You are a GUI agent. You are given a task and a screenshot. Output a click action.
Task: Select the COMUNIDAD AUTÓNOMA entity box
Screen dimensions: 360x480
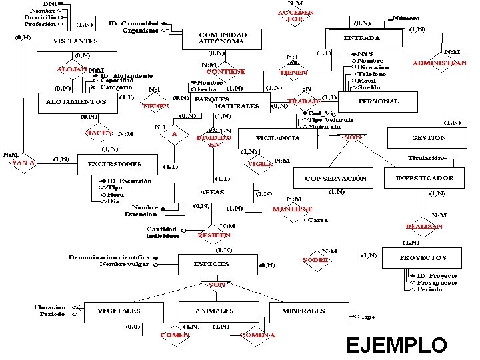point(222,38)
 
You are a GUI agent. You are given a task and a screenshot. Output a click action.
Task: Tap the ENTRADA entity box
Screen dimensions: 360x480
point(364,39)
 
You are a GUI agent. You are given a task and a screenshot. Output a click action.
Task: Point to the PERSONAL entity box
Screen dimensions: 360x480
point(378,101)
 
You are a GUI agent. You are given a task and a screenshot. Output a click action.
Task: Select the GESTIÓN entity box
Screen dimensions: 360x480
point(429,138)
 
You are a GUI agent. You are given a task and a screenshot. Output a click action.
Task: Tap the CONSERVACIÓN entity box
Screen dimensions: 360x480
point(335,179)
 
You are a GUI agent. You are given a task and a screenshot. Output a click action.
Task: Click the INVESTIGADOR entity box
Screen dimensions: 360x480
point(425,178)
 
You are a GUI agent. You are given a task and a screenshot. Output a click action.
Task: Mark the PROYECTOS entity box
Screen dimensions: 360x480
point(423,257)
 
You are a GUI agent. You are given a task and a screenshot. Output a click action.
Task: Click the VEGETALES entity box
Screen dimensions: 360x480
point(119,311)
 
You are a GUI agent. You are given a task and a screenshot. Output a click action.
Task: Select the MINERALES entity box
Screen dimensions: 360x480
point(303,311)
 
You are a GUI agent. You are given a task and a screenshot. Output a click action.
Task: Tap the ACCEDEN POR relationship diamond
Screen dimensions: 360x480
point(296,16)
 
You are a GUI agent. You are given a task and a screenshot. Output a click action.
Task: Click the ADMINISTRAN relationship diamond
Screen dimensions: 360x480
point(440,63)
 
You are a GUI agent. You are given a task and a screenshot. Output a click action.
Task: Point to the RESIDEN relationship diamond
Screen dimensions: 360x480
point(215,235)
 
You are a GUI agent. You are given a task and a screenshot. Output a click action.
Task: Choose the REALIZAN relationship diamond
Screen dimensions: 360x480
point(425,227)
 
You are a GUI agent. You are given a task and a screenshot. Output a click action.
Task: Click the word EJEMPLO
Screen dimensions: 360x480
point(397,345)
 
